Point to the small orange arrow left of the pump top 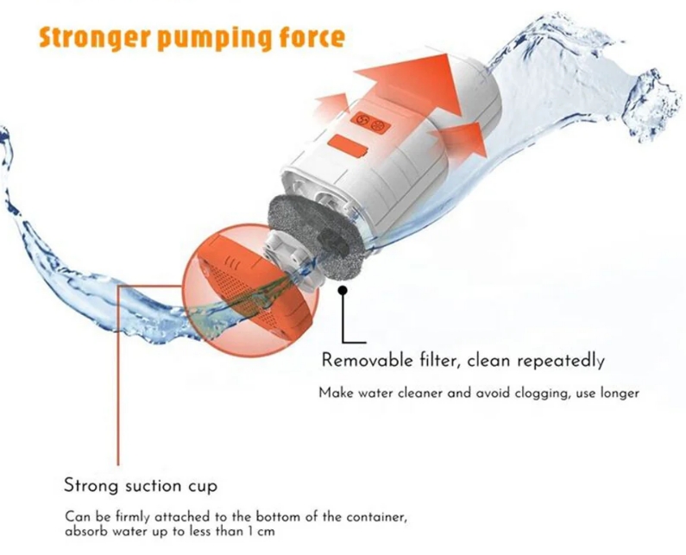[332, 106]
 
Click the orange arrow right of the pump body [463, 139]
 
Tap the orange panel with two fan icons [370, 122]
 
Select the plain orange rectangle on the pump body [349, 147]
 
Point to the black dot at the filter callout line [343, 290]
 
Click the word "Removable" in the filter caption [367, 360]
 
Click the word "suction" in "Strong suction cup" [152, 486]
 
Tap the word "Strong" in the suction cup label [91, 486]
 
